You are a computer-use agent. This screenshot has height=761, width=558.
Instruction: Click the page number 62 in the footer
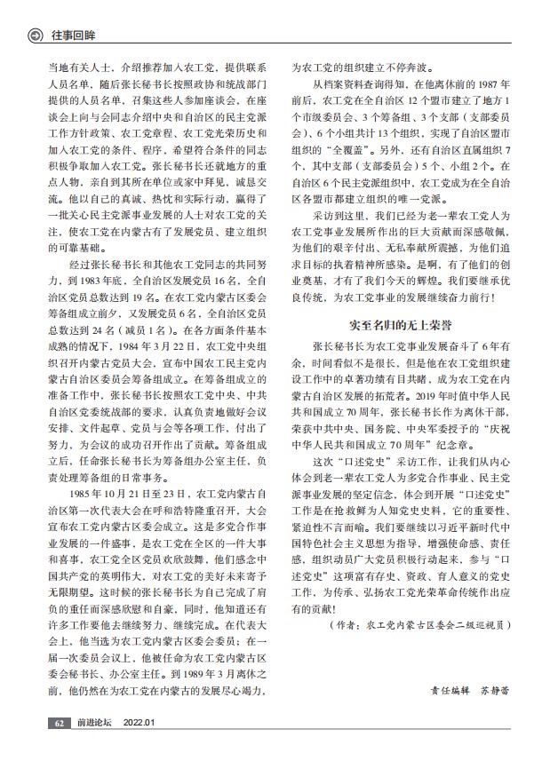58,724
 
